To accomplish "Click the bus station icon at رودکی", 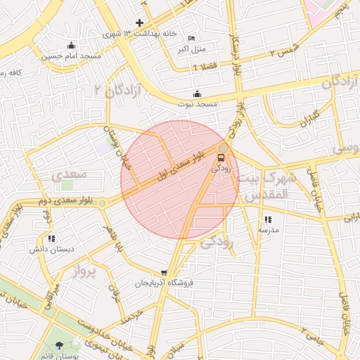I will pos(222,157).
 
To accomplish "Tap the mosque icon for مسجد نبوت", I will pos(197,94).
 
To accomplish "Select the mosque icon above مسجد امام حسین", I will pos(70,46).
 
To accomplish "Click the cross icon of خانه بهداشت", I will pos(139,23).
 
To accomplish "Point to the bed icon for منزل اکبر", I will pos(191,38).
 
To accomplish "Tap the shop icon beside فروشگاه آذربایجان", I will pos(164,273).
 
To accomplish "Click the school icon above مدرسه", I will pos(268,219).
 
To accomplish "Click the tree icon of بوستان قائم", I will pos(58,345).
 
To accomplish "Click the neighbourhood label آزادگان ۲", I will pos(117,90).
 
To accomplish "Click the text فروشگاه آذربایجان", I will pos(163,283).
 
